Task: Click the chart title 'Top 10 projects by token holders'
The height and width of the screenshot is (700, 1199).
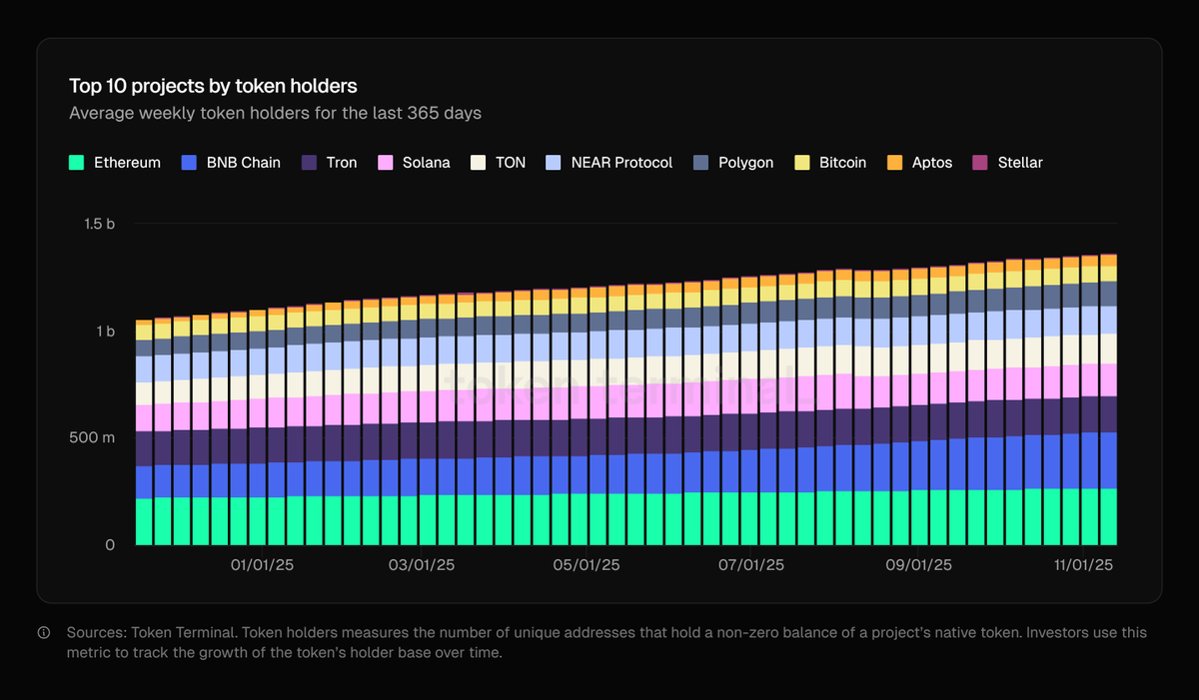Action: tap(213, 86)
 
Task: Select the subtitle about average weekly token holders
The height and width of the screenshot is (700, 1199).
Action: tap(275, 113)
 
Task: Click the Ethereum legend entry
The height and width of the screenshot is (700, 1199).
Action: tap(115, 162)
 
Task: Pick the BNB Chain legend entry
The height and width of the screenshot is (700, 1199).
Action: tap(231, 162)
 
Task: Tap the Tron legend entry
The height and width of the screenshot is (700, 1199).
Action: tap(330, 162)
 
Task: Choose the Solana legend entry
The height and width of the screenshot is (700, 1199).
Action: tap(414, 162)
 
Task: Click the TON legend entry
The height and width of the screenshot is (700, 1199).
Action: tap(499, 162)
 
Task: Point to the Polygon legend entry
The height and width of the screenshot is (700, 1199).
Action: tap(733, 162)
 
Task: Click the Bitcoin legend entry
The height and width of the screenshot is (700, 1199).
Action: tap(830, 162)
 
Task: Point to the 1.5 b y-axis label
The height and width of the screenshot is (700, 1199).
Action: tap(99, 224)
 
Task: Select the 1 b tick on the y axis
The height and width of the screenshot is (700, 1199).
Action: tap(105, 331)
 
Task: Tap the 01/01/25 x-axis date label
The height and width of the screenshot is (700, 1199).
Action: tap(262, 565)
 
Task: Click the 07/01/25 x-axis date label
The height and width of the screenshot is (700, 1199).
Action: tap(751, 565)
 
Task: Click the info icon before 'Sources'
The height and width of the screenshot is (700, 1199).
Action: tap(44, 633)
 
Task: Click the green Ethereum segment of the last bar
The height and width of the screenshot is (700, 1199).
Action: tap(1107, 516)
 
